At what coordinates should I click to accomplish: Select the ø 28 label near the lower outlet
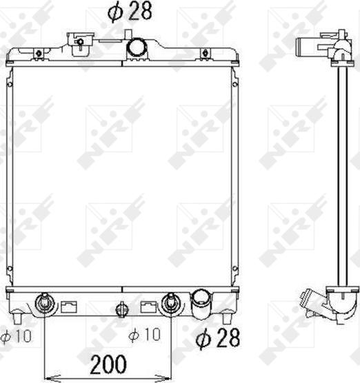click(218, 338)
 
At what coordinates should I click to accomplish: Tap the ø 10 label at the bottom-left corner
click(16, 336)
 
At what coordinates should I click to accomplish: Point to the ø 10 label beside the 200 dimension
click(145, 334)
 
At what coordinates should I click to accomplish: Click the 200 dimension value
click(108, 364)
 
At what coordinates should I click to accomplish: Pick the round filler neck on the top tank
click(137, 48)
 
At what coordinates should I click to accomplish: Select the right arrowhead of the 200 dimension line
click(164, 377)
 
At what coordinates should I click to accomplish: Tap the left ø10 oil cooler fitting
click(45, 303)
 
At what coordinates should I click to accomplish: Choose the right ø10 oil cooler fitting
click(170, 303)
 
